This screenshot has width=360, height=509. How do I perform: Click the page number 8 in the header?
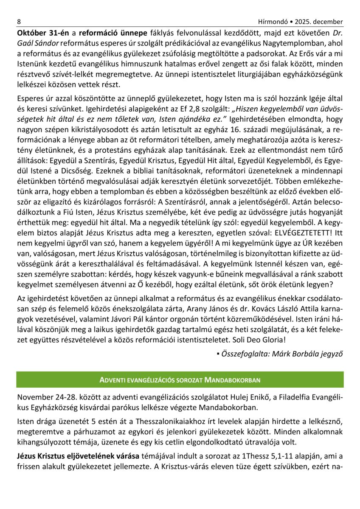19,22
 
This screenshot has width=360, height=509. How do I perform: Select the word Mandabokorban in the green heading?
232,379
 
